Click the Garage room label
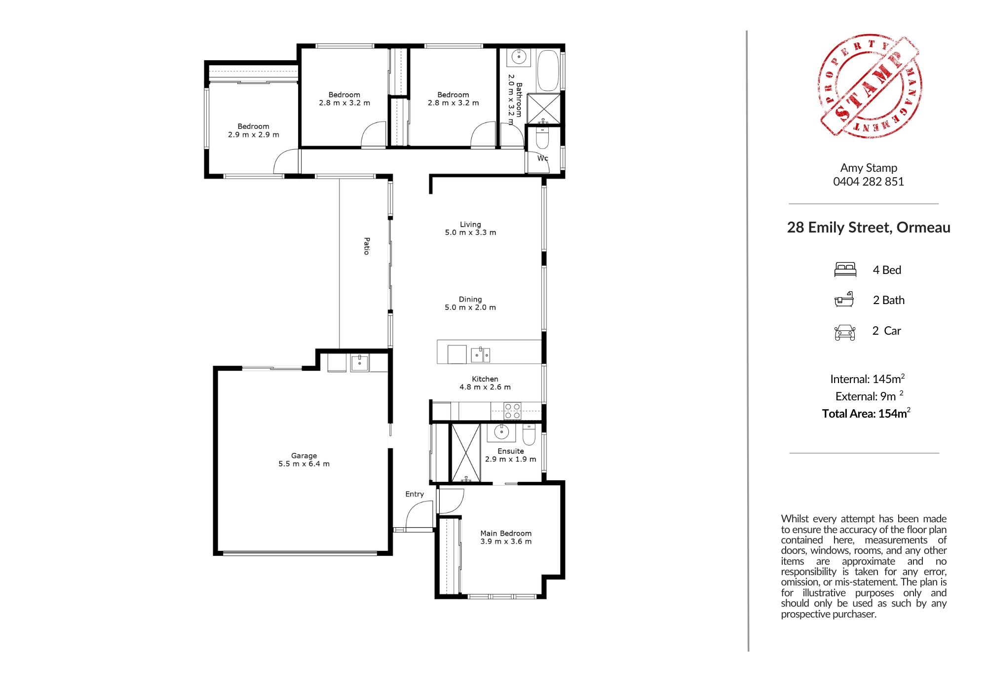tap(304, 456)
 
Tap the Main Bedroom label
tap(506, 533)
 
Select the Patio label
tap(367, 246)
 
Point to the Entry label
tap(415, 494)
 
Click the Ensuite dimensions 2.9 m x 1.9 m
tap(510, 459)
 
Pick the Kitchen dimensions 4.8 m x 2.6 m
tap(485, 387)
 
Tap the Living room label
tap(470, 225)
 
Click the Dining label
tap(470, 299)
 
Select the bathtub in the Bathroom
tap(548, 71)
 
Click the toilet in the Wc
tap(542, 139)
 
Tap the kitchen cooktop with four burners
tap(513, 411)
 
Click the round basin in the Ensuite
tap(501, 432)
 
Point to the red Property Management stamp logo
tap(870, 86)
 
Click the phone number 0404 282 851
tap(869, 182)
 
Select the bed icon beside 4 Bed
tap(845, 270)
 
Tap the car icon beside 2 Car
tap(845, 333)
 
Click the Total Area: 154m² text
tap(866, 413)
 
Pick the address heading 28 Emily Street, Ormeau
tap(869, 228)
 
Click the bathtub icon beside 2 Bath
tap(844, 299)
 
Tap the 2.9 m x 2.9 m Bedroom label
tap(254, 130)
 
